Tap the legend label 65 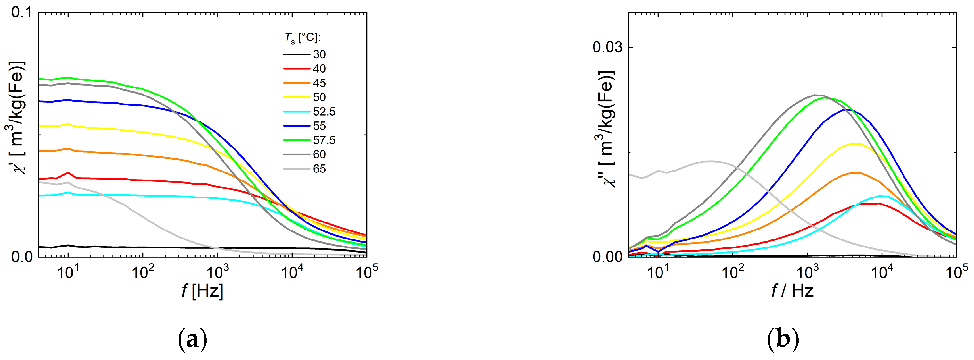(x=319, y=169)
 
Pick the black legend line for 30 (x=296, y=54)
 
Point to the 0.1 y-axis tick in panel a (x=21, y=12)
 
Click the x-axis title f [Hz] (x=202, y=291)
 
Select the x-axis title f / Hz (x=793, y=291)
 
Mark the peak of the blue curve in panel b (x=846, y=109)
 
